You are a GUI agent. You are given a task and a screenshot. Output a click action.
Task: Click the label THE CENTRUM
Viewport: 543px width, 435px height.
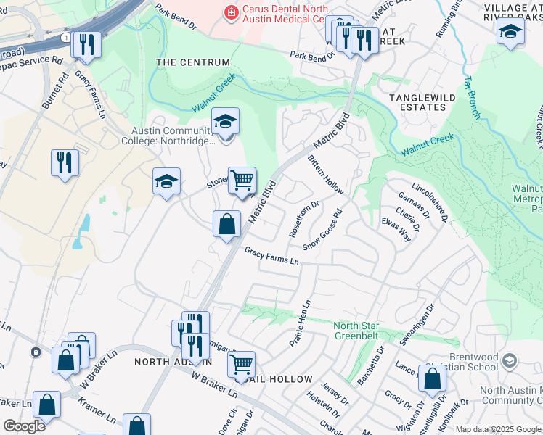193,63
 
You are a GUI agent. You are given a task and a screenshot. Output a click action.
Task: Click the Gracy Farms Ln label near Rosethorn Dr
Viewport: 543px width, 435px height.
272,255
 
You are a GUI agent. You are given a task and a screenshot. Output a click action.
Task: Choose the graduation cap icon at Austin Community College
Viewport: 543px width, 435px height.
225,122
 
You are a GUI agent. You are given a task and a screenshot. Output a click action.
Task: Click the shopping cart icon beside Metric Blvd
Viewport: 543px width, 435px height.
242,180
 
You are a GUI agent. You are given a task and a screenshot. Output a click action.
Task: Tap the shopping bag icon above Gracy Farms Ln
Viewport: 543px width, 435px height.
226,223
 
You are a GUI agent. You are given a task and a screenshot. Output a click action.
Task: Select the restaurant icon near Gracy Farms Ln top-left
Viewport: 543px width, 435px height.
86,44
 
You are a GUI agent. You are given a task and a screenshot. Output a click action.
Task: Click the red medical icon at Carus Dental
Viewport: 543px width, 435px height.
232,12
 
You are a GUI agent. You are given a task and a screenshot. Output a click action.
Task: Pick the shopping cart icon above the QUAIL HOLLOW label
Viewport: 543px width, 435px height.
241,363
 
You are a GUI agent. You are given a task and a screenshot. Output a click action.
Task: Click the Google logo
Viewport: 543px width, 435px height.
24,426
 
